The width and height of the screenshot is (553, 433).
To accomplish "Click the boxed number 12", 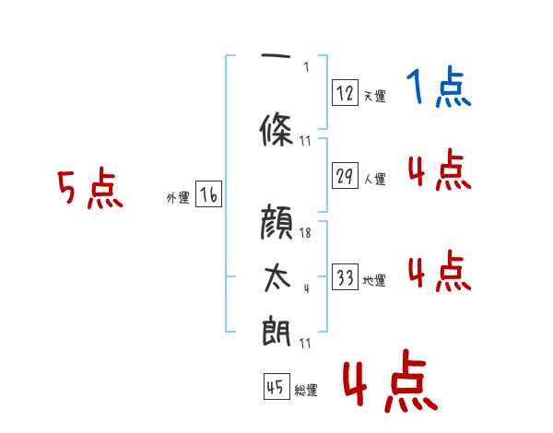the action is (x=346, y=92).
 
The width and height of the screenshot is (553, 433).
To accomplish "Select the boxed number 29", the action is (x=346, y=177).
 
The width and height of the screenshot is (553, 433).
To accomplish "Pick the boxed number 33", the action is (x=346, y=278).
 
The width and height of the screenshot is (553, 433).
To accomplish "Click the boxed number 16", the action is (x=208, y=194).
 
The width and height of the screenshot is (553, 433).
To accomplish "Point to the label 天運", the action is (x=374, y=96).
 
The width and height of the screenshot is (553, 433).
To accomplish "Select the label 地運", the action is (x=374, y=281).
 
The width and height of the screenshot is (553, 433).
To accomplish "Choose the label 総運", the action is (x=306, y=391).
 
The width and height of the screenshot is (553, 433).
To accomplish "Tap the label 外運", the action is (x=177, y=198).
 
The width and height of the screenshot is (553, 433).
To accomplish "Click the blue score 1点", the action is (x=439, y=88).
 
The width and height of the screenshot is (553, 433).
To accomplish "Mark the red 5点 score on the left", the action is (x=90, y=190).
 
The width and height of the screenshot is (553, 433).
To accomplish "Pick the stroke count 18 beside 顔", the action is (x=305, y=233).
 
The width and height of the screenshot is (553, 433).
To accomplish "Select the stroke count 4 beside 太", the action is (x=305, y=288).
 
